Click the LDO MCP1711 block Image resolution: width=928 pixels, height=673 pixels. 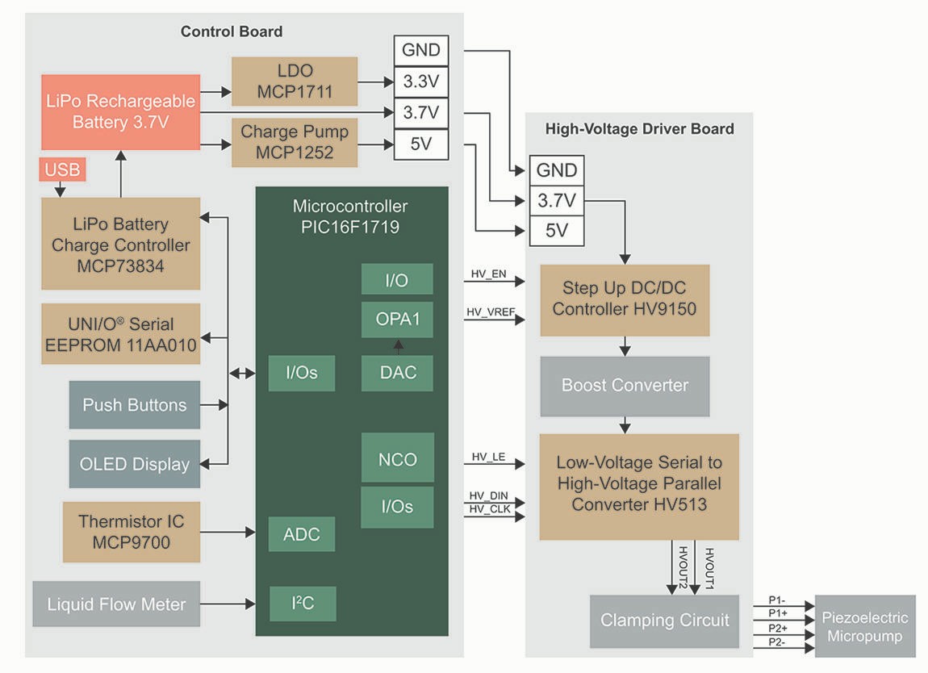(295, 81)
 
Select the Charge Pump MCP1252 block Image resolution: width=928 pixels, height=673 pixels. (295, 142)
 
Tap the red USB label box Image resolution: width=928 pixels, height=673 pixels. (62, 170)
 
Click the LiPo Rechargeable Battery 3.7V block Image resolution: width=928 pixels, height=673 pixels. (120, 112)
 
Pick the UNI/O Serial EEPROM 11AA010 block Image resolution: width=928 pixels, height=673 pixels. (121, 334)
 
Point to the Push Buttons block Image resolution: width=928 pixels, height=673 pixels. (134, 405)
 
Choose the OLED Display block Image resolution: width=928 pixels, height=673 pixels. (134, 464)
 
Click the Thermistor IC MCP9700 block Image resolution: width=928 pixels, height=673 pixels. (131, 531)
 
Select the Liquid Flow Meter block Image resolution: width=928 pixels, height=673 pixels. (116, 604)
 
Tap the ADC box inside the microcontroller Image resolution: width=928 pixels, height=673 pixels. (301, 534)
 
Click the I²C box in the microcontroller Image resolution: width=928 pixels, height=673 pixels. (302, 604)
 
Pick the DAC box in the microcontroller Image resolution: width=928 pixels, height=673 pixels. (397, 372)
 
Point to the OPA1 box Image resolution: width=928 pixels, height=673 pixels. (397, 320)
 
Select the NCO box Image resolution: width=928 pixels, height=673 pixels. (397, 459)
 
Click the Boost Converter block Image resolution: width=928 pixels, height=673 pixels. (625, 386)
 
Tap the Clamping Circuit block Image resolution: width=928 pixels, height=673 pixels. (664, 621)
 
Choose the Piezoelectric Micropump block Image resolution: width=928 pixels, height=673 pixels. (865, 627)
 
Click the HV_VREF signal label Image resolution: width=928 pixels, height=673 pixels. (487, 311)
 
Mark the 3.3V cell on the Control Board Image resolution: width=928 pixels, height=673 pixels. (420, 81)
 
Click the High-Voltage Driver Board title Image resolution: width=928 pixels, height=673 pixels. (639, 129)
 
